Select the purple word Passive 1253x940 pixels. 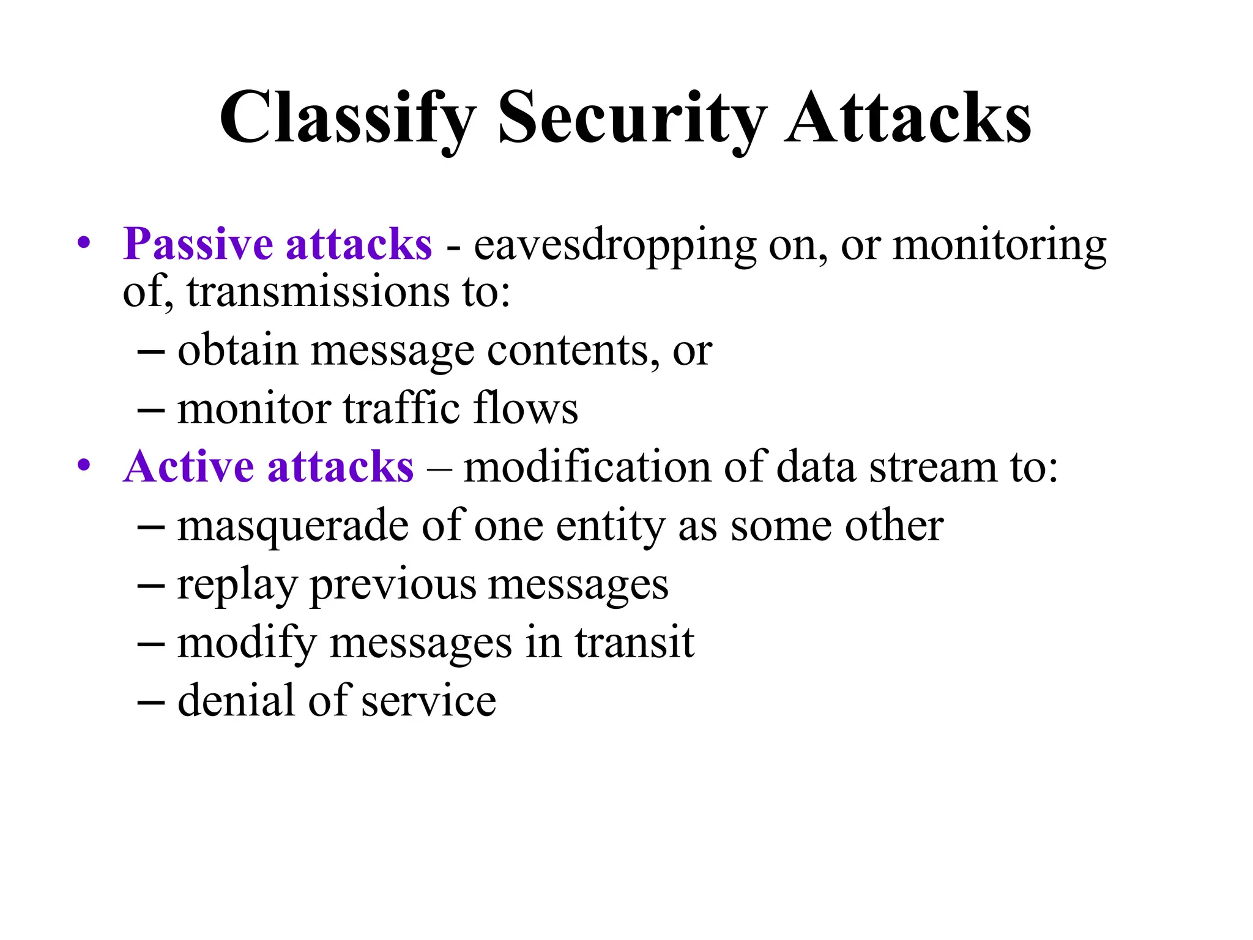[198, 244]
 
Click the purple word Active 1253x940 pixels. [188, 467]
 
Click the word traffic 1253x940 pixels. [401, 408]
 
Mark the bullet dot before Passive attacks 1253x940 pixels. [84, 244]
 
